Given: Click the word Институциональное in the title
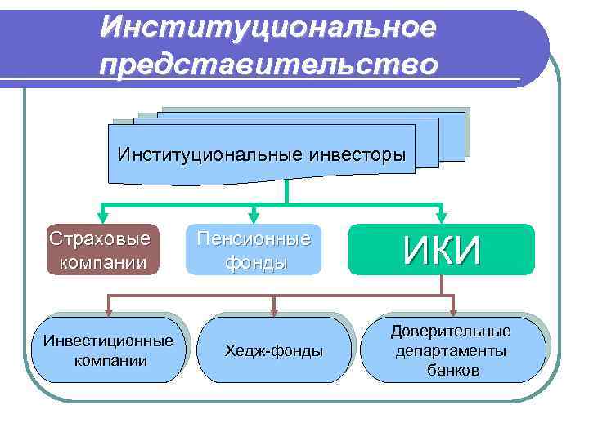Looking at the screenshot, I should click(x=268, y=27).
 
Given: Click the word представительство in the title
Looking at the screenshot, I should click(x=268, y=63).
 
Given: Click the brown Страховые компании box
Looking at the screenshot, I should click(x=100, y=251).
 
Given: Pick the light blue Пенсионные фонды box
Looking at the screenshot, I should click(x=254, y=251).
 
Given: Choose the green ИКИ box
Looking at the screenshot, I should click(x=441, y=249).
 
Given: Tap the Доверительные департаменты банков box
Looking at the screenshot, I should click(x=452, y=350).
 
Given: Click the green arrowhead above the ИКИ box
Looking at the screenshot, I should click(x=442, y=216).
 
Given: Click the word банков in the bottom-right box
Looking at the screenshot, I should click(x=452, y=370).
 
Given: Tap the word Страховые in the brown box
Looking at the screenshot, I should click(x=100, y=239).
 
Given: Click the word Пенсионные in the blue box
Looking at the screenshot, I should click(x=254, y=239).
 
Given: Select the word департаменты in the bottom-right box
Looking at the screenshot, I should click(x=452, y=350).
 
